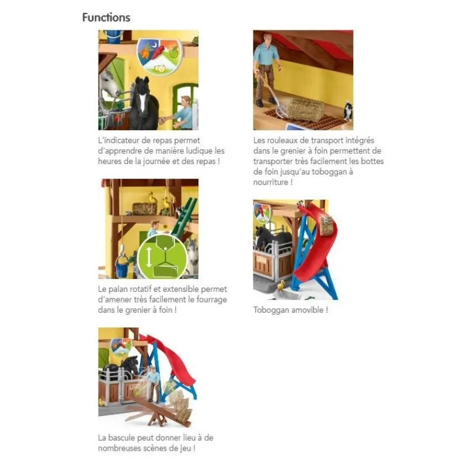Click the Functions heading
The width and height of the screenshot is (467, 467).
tap(106, 18)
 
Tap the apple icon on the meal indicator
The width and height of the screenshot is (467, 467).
tap(173, 53)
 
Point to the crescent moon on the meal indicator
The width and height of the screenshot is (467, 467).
tap(154, 45)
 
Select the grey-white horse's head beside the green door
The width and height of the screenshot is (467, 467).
tap(109, 83)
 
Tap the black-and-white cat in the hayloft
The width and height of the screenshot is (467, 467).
tap(347, 110)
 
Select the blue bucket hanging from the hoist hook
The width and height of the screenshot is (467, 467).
tap(121, 266)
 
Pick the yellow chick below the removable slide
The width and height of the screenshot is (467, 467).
tap(281, 285)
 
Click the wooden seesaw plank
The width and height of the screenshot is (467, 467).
tap(162, 409)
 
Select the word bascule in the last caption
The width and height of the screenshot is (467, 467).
tap(121, 438)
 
